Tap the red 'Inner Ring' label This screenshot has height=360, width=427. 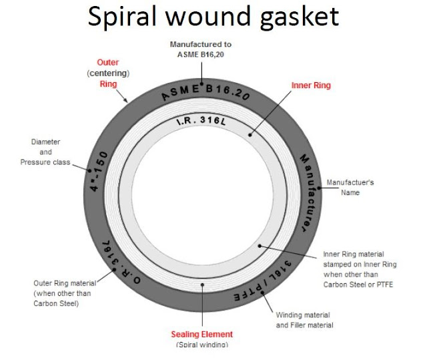pos(310,85)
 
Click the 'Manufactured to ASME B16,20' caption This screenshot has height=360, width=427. pos(201,49)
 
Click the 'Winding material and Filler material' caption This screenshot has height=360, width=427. pos(304,320)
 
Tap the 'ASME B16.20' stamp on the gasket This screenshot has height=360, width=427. pos(204,93)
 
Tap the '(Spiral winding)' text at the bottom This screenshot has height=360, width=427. pos(202,345)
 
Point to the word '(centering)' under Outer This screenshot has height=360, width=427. pos(107,73)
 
